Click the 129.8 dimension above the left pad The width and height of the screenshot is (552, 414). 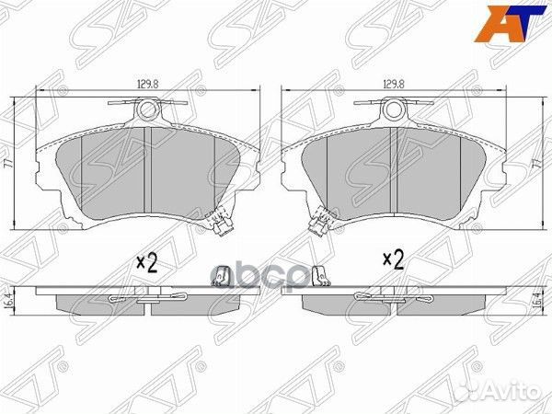click(x=145, y=83)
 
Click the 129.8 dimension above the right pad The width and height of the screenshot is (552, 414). click(x=394, y=83)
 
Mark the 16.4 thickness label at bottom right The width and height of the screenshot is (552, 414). click(x=535, y=301)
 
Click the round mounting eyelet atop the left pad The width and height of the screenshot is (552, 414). click(x=147, y=110)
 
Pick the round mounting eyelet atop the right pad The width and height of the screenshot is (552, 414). click(x=394, y=110)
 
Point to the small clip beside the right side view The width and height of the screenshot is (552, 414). click(x=323, y=276)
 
